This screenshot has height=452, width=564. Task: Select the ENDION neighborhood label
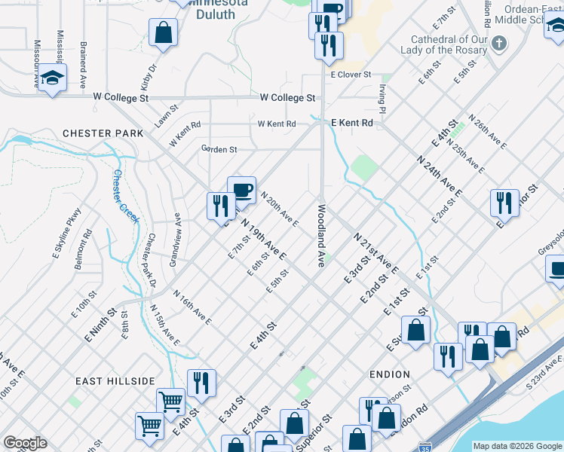click(390, 374)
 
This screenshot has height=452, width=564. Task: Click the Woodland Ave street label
click(320, 237)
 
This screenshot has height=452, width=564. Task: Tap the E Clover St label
click(351, 75)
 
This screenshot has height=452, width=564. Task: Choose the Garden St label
click(219, 149)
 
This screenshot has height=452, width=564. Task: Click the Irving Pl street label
click(382, 99)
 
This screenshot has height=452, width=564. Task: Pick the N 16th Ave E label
click(192, 308)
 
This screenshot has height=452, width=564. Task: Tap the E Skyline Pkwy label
click(66, 234)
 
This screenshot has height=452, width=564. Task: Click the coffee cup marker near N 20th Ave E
click(242, 191)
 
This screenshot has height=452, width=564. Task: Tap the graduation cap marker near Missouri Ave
click(52, 78)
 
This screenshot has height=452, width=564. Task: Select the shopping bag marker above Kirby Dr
click(164, 33)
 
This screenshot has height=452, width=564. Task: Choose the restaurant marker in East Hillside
click(201, 383)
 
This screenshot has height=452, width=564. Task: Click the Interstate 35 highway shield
click(426, 447)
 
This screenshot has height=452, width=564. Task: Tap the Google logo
click(25, 443)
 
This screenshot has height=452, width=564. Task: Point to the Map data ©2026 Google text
click(516, 446)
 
